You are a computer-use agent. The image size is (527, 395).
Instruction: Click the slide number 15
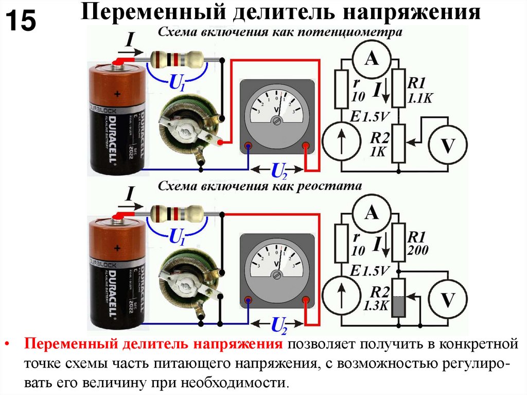[x=21, y=22]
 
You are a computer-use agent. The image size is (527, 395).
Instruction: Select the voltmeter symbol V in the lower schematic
[x=448, y=299]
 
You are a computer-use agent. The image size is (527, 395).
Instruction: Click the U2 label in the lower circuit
[x=278, y=324]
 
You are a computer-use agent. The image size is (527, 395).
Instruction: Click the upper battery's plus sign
[x=118, y=94]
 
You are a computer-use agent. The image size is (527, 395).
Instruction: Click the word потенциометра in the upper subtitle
[x=355, y=33]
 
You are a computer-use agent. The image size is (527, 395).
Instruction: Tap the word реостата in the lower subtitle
[x=332, y=185]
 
